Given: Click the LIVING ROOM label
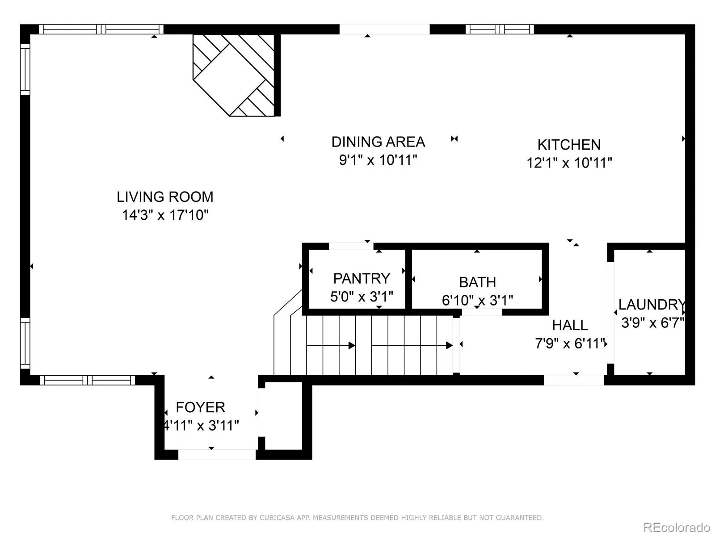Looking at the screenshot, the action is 165,197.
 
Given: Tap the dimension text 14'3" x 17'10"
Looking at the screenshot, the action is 165,215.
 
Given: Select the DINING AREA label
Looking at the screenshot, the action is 378,142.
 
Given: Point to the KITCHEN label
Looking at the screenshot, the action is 569,145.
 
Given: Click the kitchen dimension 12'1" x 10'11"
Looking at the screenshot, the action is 569,163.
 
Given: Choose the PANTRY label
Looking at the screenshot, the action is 362,279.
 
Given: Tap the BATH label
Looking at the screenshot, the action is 478,282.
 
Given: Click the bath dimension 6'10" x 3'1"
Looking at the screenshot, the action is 478,300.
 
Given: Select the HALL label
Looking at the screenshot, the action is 570,325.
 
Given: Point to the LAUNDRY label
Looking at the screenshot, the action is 652,305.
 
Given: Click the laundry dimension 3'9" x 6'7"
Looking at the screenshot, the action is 652,323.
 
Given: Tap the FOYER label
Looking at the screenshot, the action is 200,407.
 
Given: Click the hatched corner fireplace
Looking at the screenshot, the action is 234,75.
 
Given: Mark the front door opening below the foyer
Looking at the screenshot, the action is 217,455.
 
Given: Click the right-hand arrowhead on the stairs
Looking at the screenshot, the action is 449,345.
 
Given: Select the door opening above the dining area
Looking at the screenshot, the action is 385,29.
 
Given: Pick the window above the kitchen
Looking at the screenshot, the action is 500,29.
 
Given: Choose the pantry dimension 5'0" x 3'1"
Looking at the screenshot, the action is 362,297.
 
